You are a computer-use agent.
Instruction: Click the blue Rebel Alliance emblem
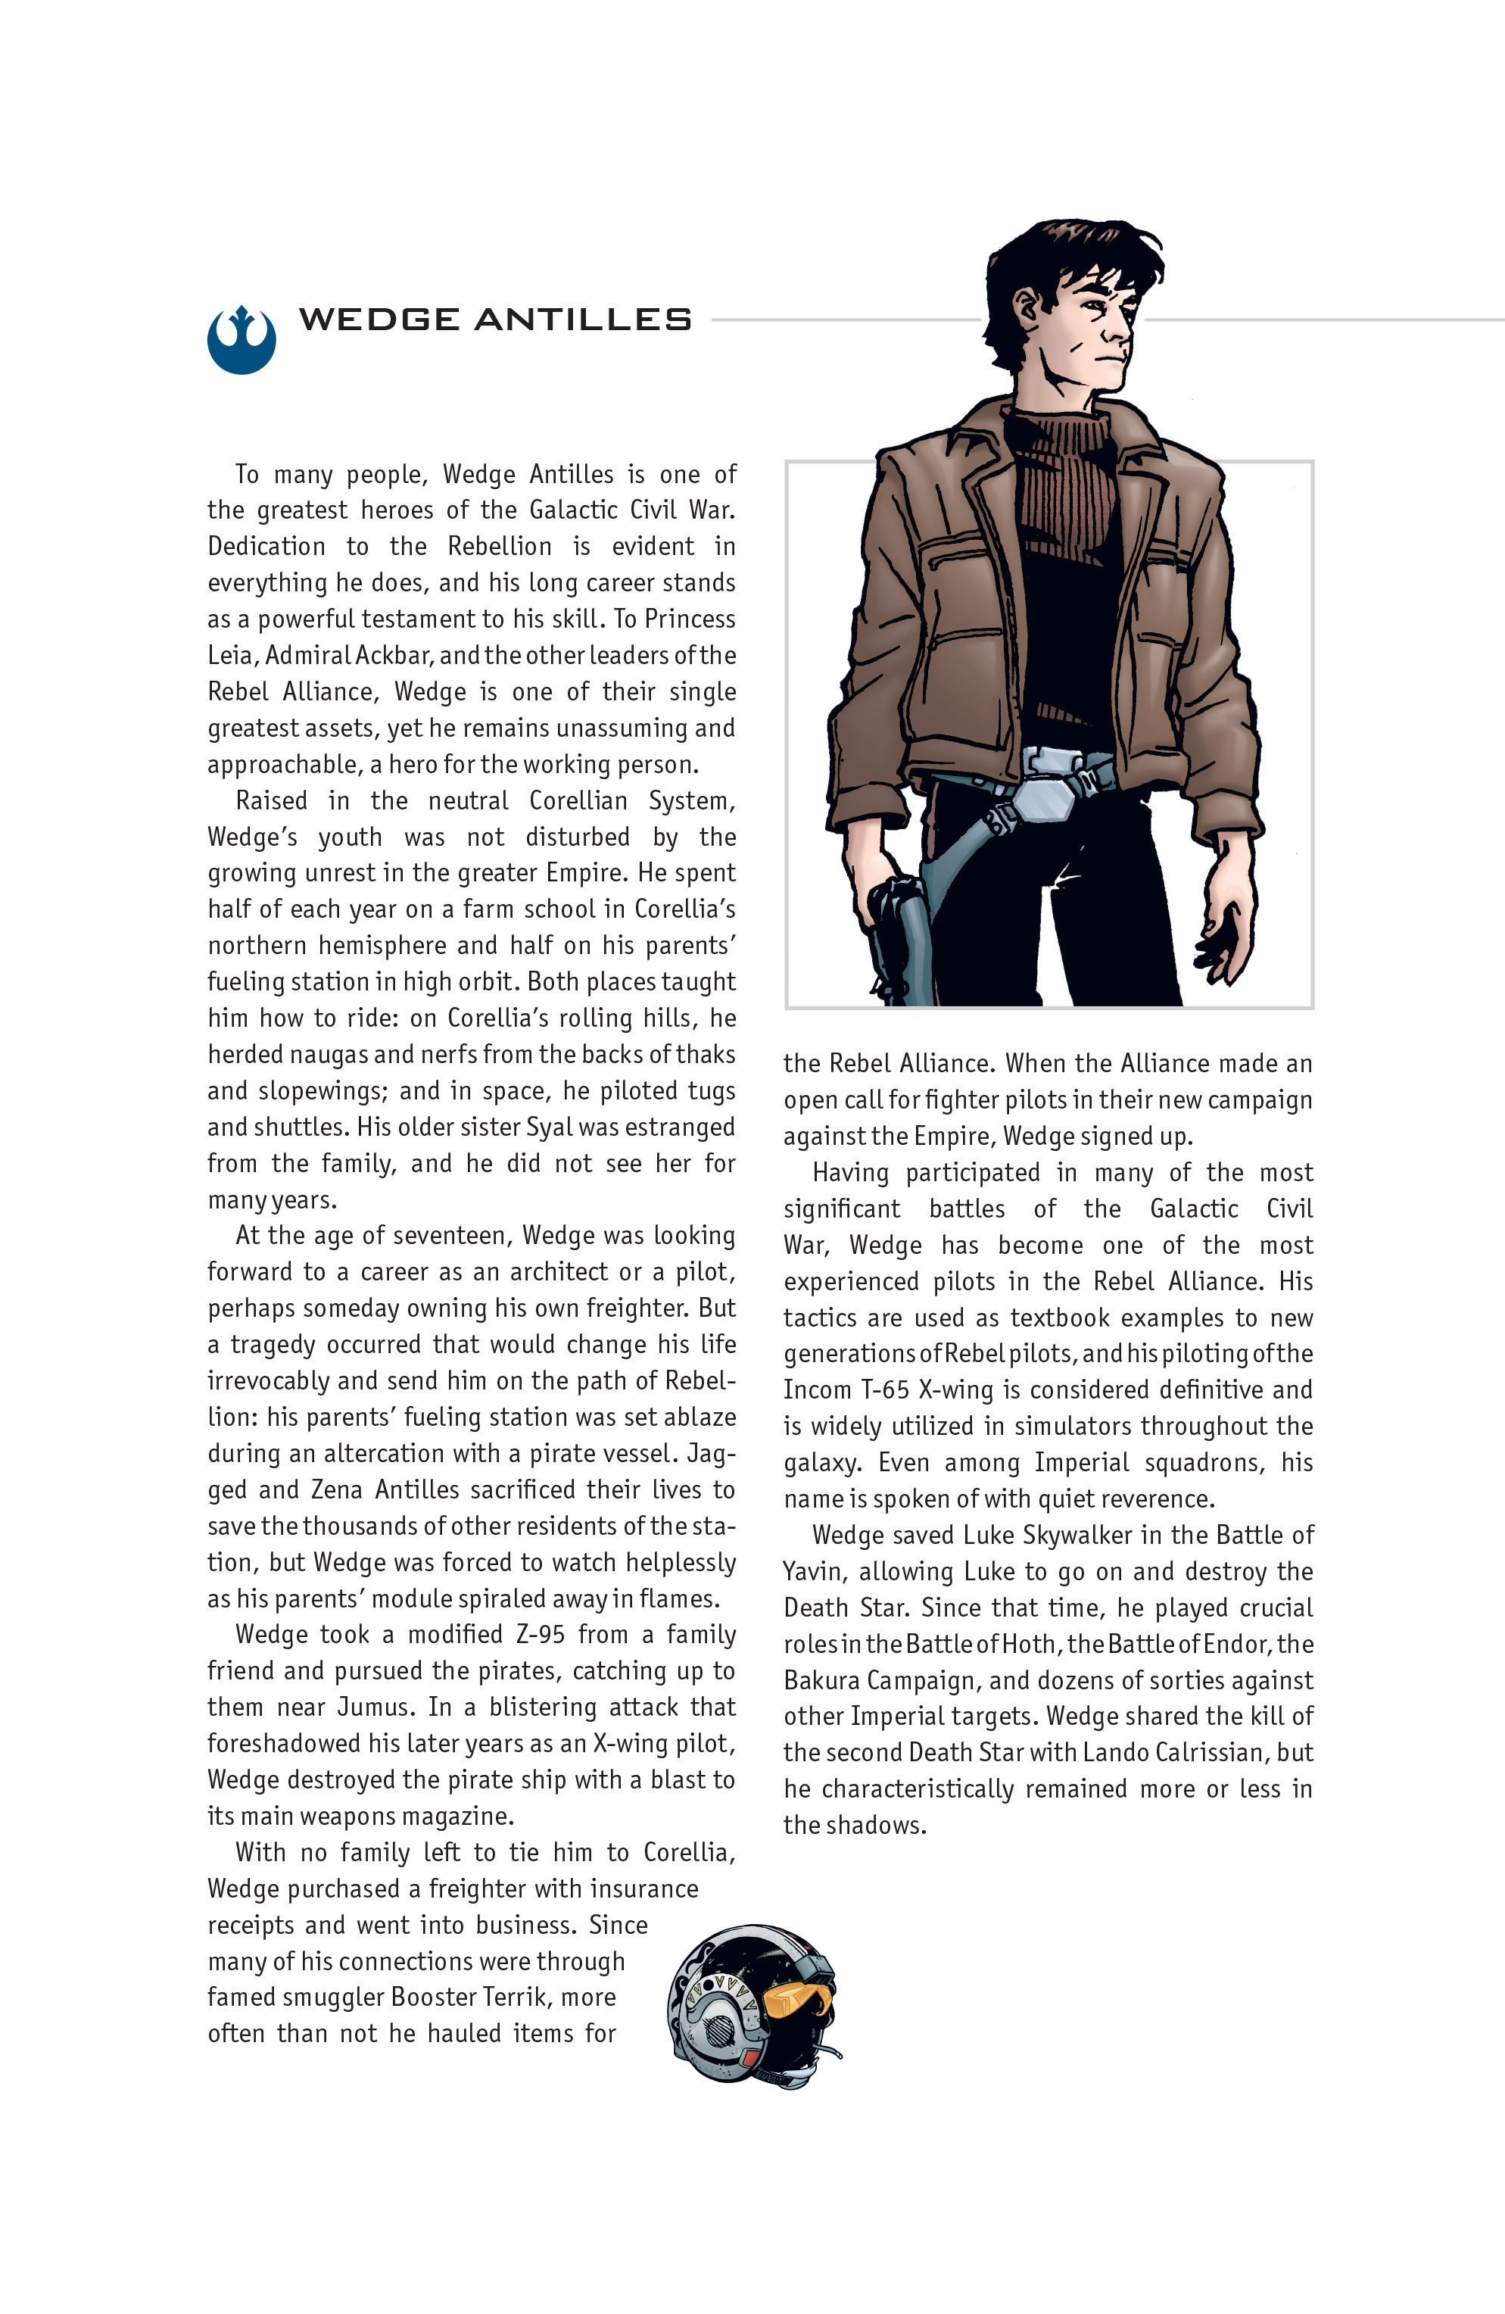(x=241, y=339)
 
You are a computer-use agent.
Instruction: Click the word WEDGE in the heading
(x=379, y=319)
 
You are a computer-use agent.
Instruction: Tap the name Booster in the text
(x=435, y=1997)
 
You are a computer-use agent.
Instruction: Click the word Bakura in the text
(x=821, y=1681)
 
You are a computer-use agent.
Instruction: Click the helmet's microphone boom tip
(x=837, y=2055)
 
